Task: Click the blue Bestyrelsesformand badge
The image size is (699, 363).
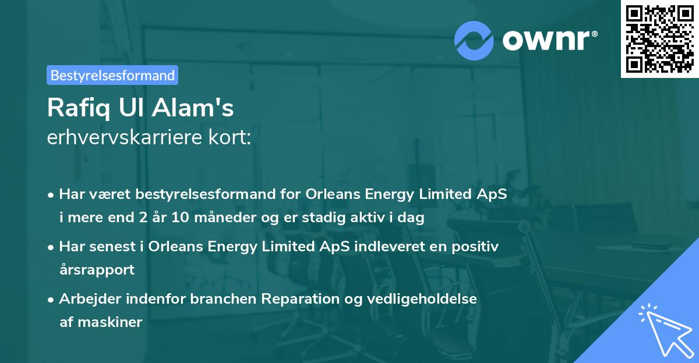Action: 112,75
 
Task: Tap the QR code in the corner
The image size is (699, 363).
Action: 659,38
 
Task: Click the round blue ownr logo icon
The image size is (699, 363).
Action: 474,41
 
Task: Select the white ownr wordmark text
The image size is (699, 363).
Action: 546,40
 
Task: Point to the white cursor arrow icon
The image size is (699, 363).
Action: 666,330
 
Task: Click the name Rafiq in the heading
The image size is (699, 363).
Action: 79,108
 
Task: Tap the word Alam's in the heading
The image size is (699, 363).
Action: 193,108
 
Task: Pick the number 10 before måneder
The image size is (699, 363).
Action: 181,218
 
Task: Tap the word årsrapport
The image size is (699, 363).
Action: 97,270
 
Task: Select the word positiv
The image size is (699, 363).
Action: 475,247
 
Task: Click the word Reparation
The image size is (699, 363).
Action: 300,299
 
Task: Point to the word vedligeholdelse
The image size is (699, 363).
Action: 422,299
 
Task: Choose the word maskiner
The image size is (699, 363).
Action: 110,322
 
